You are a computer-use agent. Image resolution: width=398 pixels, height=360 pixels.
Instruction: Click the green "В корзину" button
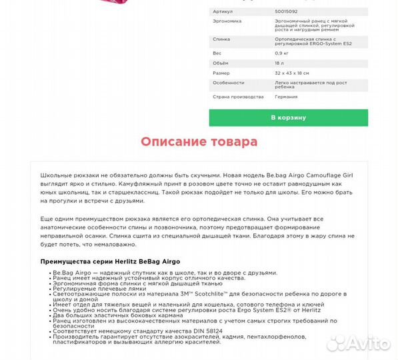(x=288, y=117)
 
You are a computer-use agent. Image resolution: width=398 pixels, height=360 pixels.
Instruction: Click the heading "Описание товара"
(x=199, y=142)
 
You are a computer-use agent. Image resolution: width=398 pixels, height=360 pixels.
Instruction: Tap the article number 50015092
(x=287, y=11)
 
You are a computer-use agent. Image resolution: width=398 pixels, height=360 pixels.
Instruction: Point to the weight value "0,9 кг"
(x=281, y=52)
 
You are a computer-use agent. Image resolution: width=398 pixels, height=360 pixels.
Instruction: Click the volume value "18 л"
(x=279, y=62)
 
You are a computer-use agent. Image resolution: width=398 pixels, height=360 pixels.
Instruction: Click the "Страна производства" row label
(x=233, y=97)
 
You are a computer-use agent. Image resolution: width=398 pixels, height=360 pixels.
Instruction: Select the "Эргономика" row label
(x=227, y=21)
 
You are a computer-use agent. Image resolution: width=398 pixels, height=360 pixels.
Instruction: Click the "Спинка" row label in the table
(x=221, y=39)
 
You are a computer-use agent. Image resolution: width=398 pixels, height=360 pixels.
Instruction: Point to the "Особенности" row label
(x=228, y=83)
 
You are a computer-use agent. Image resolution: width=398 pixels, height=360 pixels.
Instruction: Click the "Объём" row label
(x=221, y=62)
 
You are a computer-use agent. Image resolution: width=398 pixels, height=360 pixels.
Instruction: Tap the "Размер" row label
(x=221, y=73)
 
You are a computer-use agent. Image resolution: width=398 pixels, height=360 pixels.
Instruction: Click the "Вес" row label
(x=217, y=52)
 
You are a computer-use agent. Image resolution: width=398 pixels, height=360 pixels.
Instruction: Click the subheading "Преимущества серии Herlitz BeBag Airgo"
(x=110, y=261)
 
